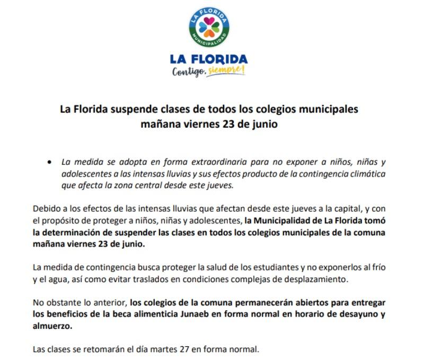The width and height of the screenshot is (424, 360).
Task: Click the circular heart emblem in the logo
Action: [x=209, y=26]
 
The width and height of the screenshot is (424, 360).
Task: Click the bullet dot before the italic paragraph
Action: [x=49, y=161]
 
